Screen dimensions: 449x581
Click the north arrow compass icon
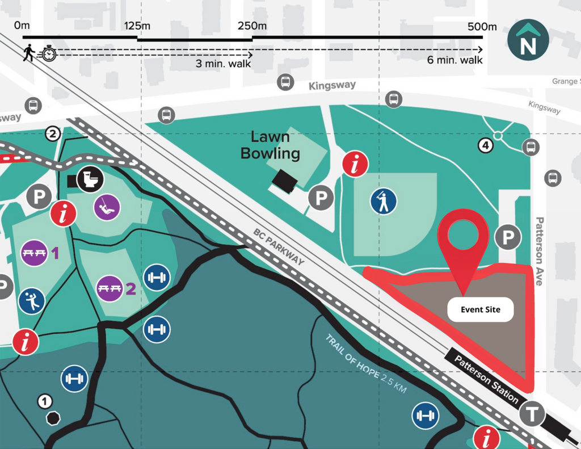click(528, 40)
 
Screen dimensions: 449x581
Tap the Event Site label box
click(480, 310)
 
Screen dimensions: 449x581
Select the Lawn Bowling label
click(270, 145)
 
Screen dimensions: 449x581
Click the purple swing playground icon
click(107, 207)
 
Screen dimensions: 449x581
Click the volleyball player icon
click(32, 301)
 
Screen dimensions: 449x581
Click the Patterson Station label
click(486, 377)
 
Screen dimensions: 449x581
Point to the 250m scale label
click(252, 26)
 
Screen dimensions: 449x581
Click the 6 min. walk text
click(455, 60)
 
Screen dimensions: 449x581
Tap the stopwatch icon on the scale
click(49, 54)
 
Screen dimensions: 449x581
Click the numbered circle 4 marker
click(485, 145)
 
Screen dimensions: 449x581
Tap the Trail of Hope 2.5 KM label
click(366, 364)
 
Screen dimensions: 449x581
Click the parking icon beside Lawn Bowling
click(321, 199)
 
